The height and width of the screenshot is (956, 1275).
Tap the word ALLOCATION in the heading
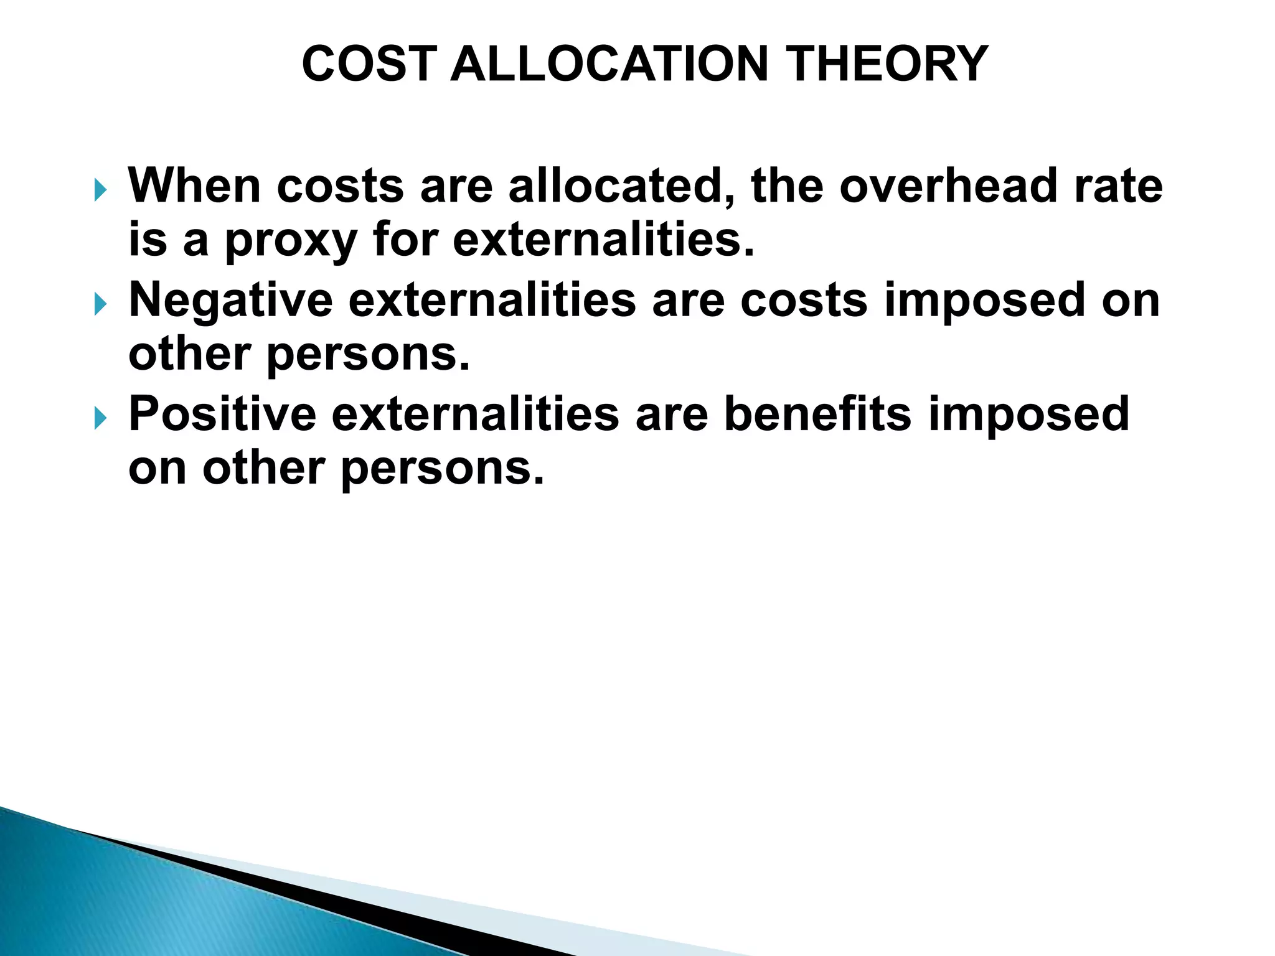(x=609, y=64)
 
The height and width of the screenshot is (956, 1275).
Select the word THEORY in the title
(x=888, y=64)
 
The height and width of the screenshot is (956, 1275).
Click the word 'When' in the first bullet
(x=194, y=185)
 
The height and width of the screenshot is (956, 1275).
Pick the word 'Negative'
(x=230, y=300)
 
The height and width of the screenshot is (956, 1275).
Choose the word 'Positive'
(x=222, y=414)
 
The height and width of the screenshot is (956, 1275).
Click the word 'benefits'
(x=817, y=414)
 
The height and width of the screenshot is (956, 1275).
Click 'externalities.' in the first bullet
(x=603, y=240)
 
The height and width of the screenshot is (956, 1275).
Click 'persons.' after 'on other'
(x=442, y=468)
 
